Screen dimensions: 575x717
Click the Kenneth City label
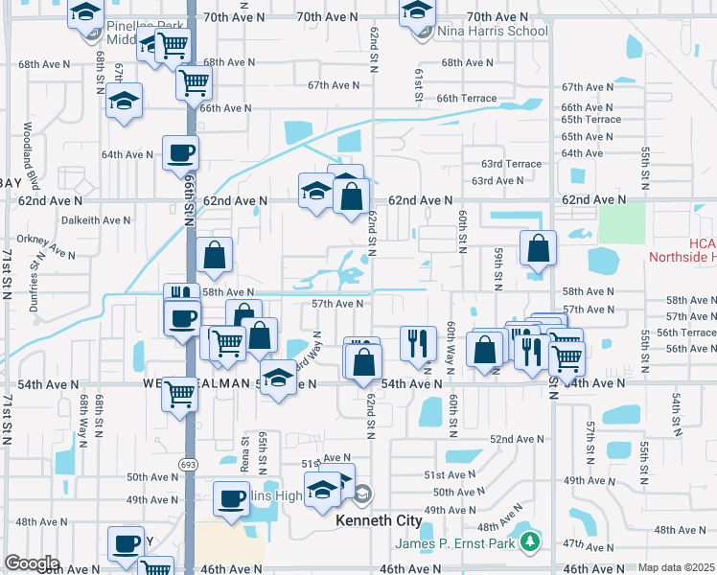[x=379, y=520]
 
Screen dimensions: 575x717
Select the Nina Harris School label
[x=492, y=31]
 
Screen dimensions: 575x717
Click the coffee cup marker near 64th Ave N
[x=179, y=152]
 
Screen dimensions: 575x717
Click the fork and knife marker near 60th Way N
[x=417, y=342]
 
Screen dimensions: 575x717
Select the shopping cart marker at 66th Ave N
[x=194, y=82]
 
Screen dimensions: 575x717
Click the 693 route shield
[x=184, y=463]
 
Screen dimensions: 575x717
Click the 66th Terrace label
[x=467, y=98]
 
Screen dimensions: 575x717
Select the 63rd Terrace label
[x=511, y=164]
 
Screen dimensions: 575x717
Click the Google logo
[x=32, y=563]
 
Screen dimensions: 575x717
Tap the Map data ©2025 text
[x=676, y=567]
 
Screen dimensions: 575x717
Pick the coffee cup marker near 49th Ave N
[x=232, y=498]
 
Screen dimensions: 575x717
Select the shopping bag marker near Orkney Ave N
[x=214, y=255]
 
